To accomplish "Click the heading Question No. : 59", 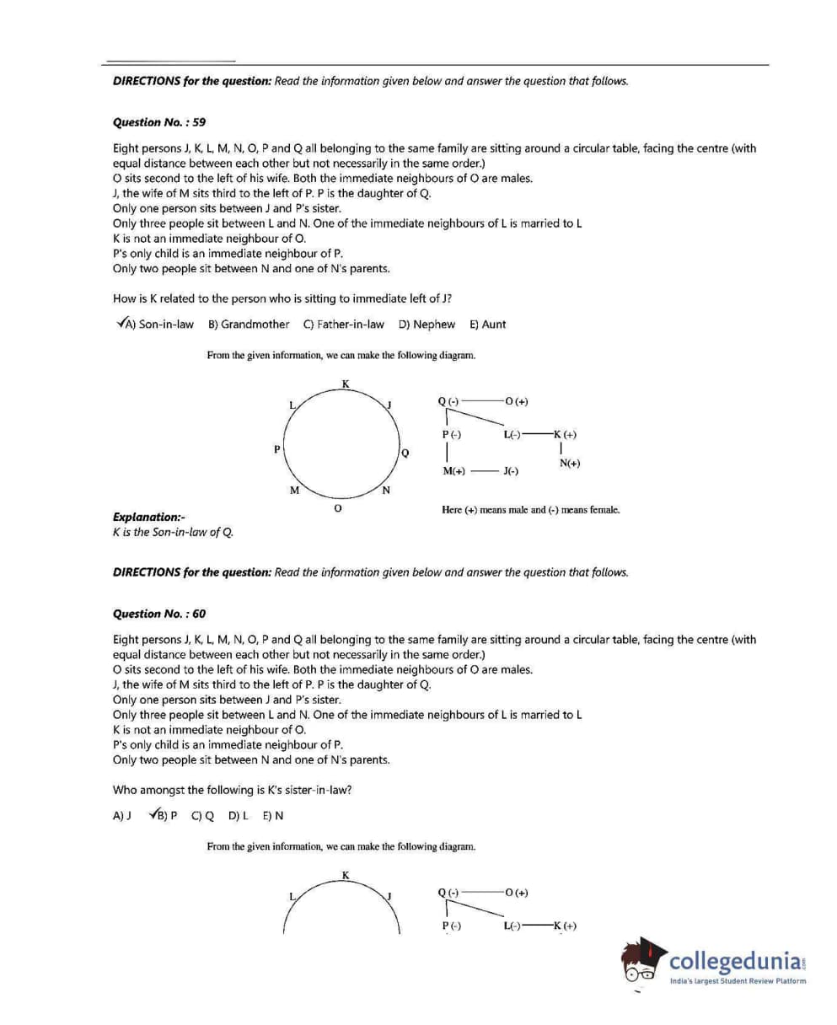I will (158, 122).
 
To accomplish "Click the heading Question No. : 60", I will (158, 614).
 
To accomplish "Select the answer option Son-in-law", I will (165, 325).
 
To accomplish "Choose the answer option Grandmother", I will (255, 325).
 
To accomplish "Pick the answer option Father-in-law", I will (351, 325).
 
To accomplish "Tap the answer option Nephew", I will (433, 325).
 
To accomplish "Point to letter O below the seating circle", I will (337, 509).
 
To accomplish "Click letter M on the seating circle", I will (294, 491).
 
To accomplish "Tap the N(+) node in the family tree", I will (570, 463).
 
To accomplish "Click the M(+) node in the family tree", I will (453, 471).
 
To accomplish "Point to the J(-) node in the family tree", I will (510, 471).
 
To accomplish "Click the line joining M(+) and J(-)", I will (483, 471).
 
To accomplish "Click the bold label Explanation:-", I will (148, 517).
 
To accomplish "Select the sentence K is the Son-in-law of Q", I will (172, 532).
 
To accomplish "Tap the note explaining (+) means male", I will (530, 510).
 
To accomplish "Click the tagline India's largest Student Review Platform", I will (738, 981).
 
